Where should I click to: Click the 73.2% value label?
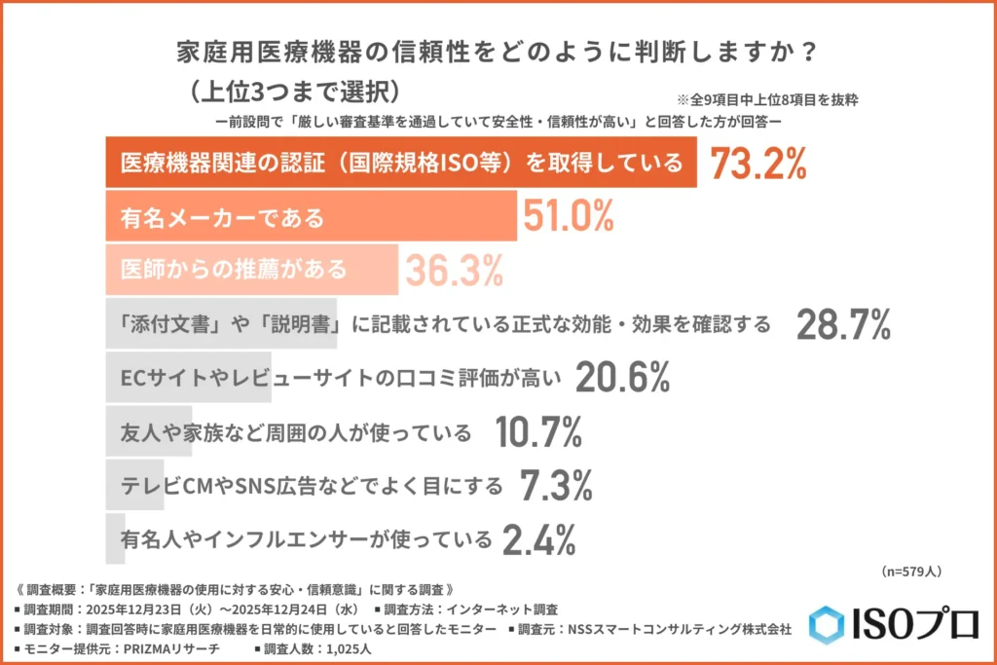pos(758,164)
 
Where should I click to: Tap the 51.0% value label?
pos(569,216)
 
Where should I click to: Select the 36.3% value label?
pos(454,269)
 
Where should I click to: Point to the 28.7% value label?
pos(843,324)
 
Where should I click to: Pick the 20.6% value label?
pos(622,377)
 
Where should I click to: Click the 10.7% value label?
pos(537,430)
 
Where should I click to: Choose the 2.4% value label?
pos(536,536)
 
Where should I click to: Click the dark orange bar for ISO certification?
pos(400,164)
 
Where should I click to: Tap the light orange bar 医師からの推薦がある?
pos(251,269)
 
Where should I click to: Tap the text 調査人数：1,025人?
pos(326,647)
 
